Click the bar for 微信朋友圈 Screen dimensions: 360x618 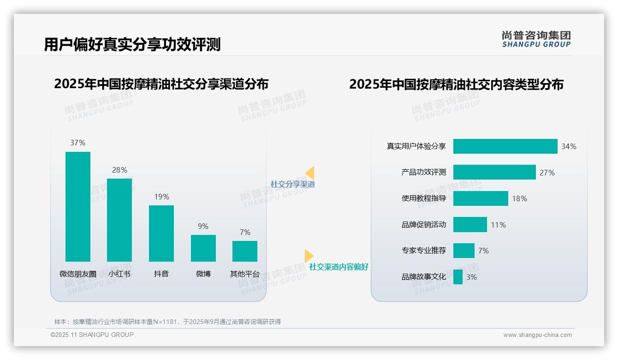point(78,206)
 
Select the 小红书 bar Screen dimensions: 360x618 point(119,220)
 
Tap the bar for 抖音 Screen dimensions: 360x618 point(161,233)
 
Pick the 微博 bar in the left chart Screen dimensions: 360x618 point(203,248)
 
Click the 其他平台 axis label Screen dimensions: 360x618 point(245,274)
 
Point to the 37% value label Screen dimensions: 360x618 point(78,143)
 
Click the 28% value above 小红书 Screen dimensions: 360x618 point(119,170)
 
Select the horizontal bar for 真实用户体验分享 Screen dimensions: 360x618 point(505,146)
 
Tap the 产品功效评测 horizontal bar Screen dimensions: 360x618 point(494,172)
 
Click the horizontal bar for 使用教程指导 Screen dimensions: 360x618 point(481,198)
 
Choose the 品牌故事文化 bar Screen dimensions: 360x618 point(458,277)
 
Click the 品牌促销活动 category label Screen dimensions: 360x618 point(424,225)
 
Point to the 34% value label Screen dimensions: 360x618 point(569,146)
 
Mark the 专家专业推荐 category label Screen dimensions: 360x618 point(424,251)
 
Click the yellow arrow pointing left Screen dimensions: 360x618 point(310,173)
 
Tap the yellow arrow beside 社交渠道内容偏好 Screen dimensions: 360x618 point(309,256)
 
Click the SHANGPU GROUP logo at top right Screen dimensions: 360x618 point(536,39)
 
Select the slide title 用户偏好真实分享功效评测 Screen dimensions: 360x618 point(132,44)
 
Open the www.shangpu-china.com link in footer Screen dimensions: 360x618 point(537,335)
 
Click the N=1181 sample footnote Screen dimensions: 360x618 point(168,322)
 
